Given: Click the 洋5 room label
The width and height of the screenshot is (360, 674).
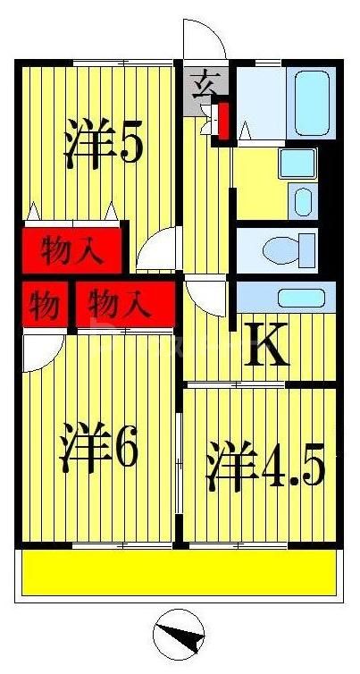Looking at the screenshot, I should (103, 145).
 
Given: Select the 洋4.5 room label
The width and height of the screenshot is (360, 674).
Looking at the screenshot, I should (264, 465).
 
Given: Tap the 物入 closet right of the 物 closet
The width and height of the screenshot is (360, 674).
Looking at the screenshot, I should (123, 306).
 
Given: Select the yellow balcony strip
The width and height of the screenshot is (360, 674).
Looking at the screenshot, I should (179, 573).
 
